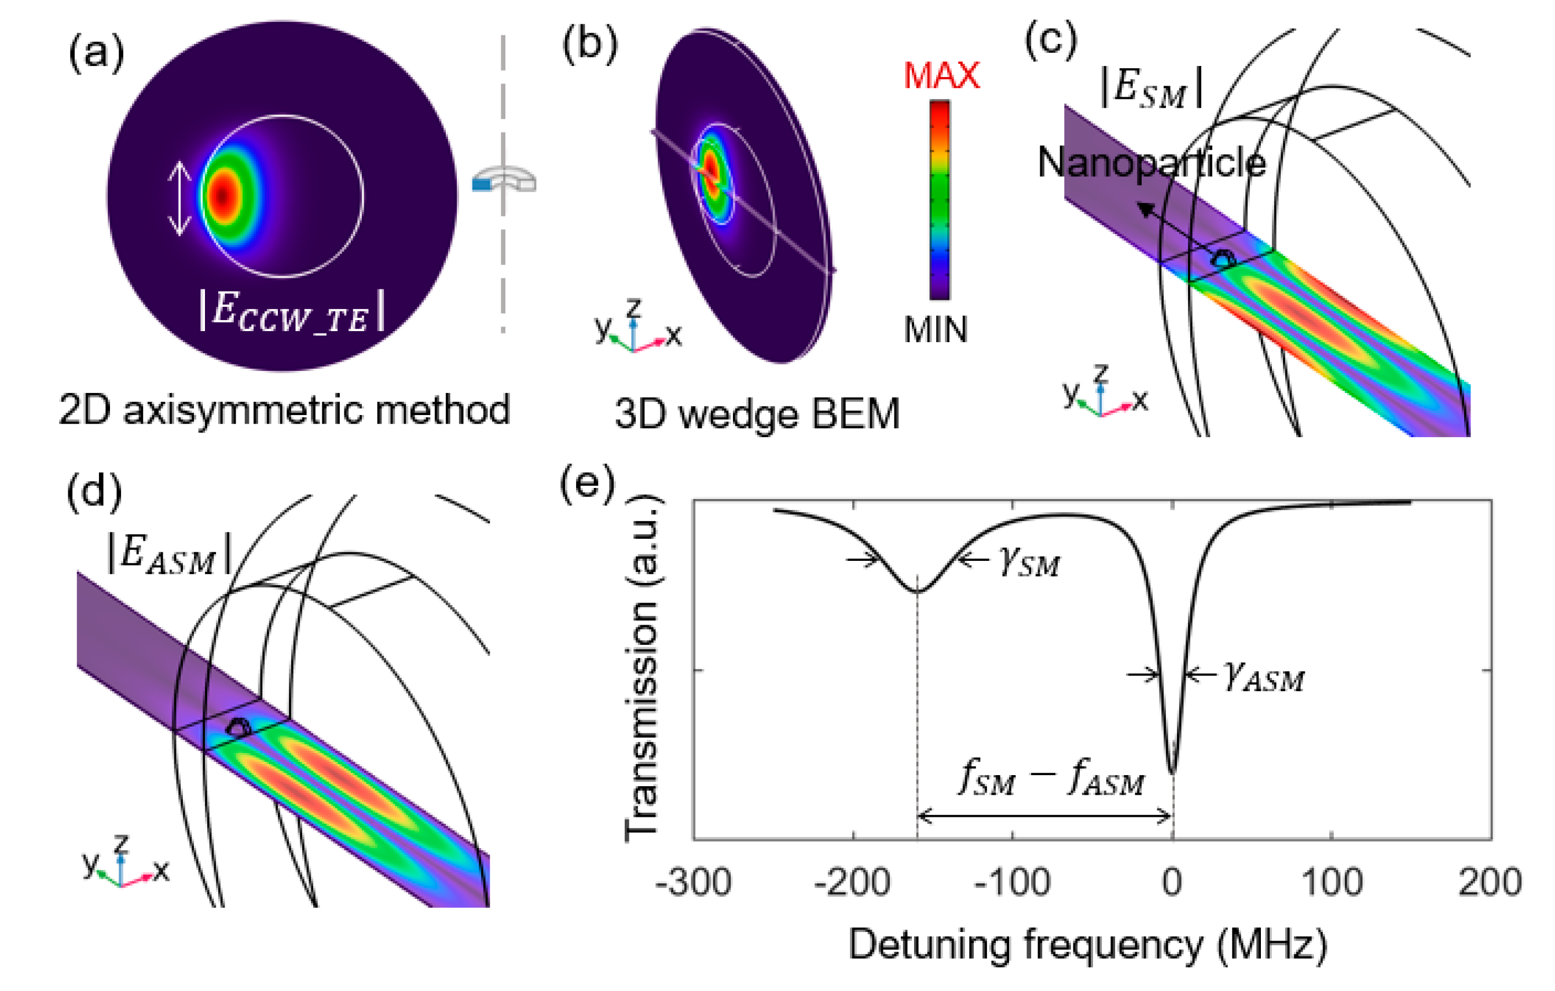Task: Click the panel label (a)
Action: click(96, 52)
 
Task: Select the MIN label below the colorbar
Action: click(936, 330)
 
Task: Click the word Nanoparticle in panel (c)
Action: click(1151, 163)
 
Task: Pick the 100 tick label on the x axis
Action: click(1332, 882)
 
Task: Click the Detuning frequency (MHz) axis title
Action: click(1088, 945)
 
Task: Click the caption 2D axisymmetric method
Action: click(284, 410)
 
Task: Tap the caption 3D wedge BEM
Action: click(757, 414)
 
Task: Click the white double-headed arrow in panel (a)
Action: click(180, 198)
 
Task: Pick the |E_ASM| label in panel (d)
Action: click(169, 554)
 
